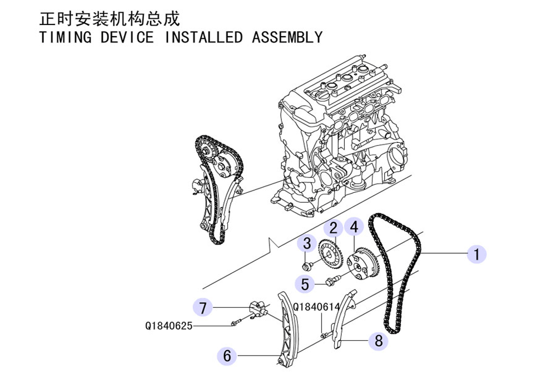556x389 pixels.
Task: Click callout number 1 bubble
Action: click(476, 254)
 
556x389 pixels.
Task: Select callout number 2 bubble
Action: click(334, 227)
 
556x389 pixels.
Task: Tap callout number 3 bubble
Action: click(306, 243)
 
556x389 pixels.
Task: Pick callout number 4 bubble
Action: click(354, 226)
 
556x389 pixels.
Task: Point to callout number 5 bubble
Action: click(305, 284)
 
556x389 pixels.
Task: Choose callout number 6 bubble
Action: click(227, 355)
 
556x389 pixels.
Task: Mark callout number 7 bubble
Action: click(202, 306)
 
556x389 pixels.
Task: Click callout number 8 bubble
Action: click(379, 341)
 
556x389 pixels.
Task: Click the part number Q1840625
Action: click(168, 326)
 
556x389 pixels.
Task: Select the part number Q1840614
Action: click(316, 306)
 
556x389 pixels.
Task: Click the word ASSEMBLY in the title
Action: click(287, 38)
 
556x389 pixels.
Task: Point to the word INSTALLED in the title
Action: click(203, 38)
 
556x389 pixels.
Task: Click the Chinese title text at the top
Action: click(110, 19)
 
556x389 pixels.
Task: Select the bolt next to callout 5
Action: click(332, 280)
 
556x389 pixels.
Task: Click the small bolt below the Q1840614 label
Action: click(324, 335)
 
